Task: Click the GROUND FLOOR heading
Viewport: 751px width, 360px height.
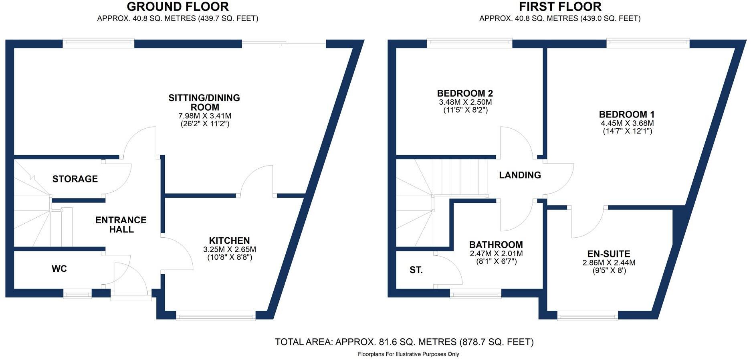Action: click(178, 7)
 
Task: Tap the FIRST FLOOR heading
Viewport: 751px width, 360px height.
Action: click(560, 7)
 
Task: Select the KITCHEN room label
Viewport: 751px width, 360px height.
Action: click(229, 241)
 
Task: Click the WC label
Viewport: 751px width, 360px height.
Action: click(59, 269)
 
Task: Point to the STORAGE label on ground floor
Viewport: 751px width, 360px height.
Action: click(75, 179)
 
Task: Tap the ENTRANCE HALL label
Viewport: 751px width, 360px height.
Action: click(121, 225)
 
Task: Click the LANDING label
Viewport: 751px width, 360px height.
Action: click(520, 175)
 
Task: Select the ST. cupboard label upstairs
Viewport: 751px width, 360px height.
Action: click(416, 270)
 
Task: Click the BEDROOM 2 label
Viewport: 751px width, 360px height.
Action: click(465, 94)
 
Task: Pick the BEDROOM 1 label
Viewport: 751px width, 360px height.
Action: click(627, 115)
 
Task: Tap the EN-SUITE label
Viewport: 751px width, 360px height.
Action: click(609, 254)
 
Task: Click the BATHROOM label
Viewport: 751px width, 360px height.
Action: click(496, 245)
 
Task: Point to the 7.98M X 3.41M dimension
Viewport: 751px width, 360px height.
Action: click(204, 116)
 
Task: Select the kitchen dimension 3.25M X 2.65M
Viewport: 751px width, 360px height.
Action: click(229, 249)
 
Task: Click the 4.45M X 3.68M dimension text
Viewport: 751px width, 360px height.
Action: click(627, 123)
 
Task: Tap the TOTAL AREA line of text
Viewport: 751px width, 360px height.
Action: click(404, 342)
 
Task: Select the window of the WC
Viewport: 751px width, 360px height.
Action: click(77, 295)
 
